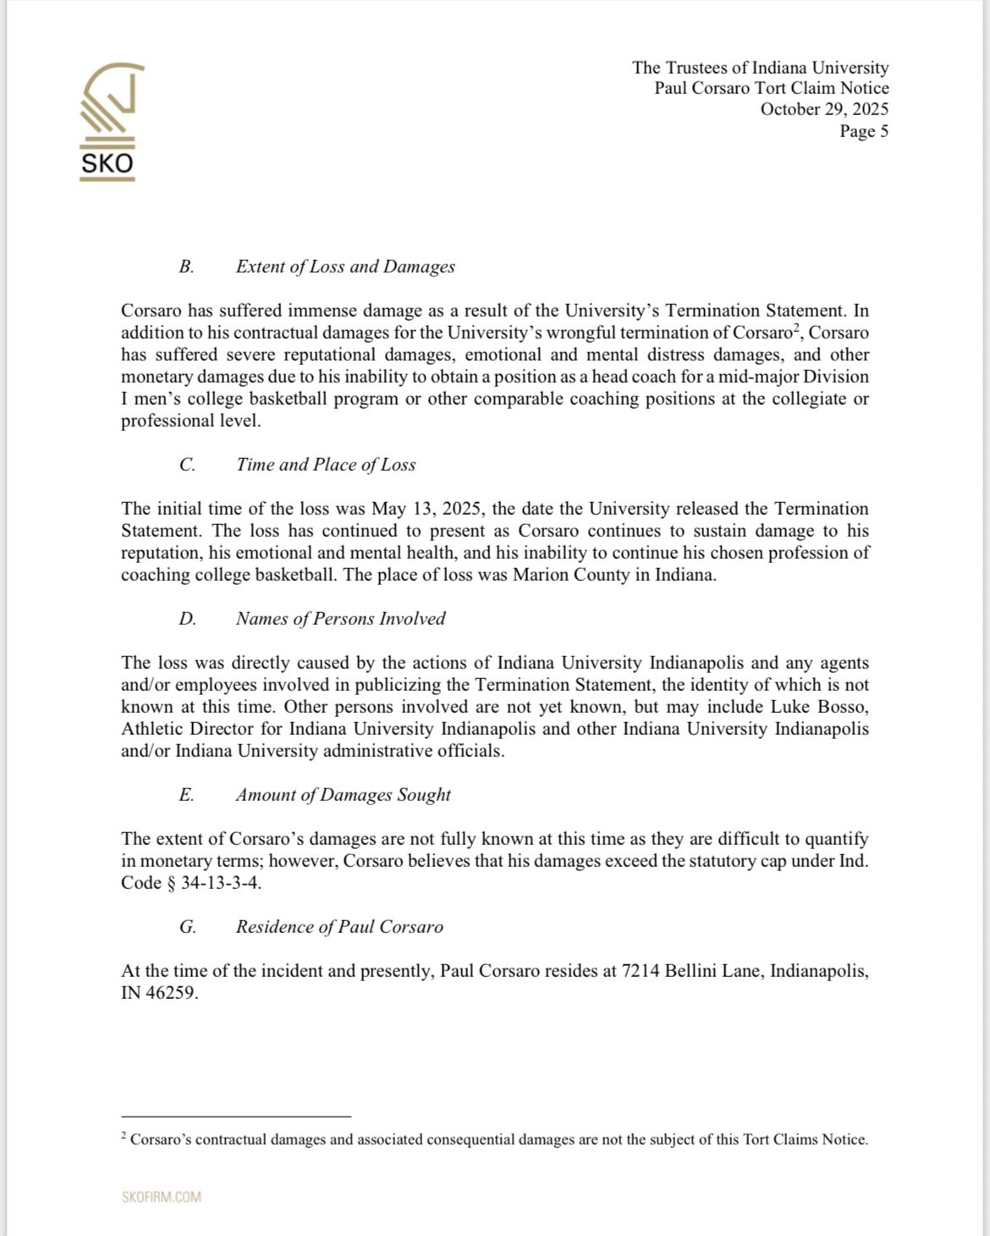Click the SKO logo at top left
pos(107,121)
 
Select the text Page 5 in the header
pos(863,131)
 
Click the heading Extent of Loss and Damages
pos(345,267)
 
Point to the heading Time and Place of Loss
pos(326,465)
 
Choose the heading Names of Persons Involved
pos(340,619)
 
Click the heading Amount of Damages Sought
pos(343,795)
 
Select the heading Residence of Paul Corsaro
pos(339,927)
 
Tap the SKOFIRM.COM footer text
pos(161,1197)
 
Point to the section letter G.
pos(187,927)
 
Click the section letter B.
pos(186,267)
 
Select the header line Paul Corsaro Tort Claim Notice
pos(771,88)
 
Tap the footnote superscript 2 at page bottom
pos(124,1136)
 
